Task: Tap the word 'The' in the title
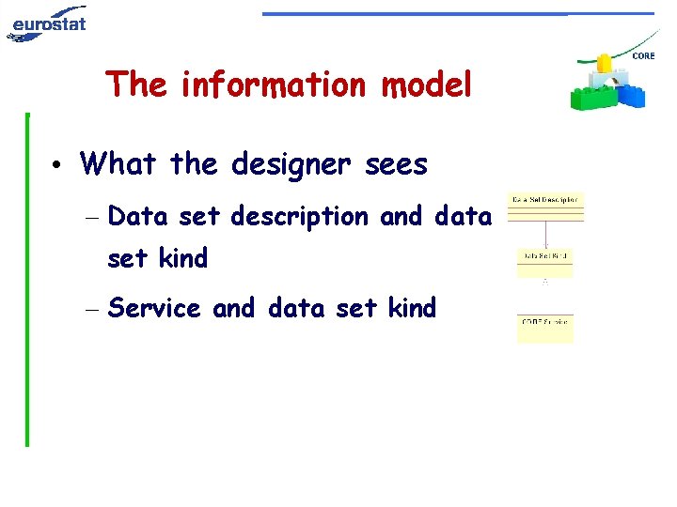(137, 84)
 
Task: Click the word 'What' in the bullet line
(118, 165)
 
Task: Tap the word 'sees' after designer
(393, 165)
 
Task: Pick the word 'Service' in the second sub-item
(154, 308)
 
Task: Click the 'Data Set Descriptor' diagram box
(545, 207)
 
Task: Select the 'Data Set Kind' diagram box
(544, 262)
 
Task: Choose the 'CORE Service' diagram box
(544, 328)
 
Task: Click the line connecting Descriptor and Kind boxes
(545, 235)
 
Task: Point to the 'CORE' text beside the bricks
(644, 57)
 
